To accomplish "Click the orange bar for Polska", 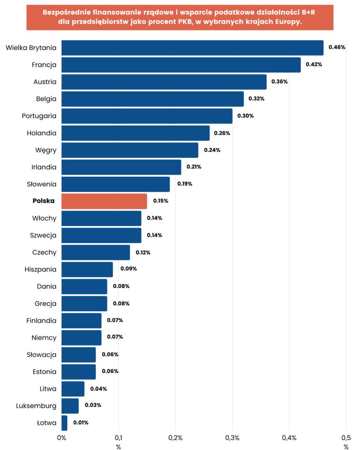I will (104, 201).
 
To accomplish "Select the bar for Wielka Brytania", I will (192, 48).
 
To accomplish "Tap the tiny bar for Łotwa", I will (64, 423).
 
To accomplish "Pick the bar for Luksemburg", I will (70, 406).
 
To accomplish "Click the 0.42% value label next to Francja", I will (314, 64).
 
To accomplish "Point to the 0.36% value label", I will (279, 81).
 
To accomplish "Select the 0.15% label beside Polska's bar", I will (161, 201).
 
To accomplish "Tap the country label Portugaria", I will (39, 116).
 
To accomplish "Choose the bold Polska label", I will (44, 201).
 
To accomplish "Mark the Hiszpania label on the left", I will (40, 269).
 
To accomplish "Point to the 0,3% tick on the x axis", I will (232, 438).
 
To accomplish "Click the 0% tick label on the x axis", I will (62, 438).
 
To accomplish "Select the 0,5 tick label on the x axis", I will (346, 438).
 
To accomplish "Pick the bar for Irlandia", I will (121, 167).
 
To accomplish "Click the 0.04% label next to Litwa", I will (99, 389).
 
